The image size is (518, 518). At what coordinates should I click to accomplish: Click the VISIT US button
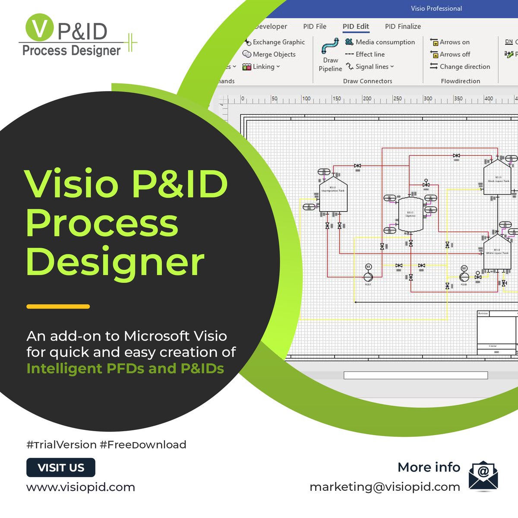point(61,467)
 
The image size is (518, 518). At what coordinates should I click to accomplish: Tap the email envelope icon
point(483,476)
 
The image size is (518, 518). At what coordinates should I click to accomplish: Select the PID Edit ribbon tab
point(356,26)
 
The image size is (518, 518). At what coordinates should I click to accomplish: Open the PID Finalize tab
point(403,26)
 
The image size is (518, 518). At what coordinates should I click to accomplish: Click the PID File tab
point(315,26)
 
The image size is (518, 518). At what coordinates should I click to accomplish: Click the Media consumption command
point(380,42)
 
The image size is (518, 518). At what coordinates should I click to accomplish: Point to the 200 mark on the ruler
point(366,99)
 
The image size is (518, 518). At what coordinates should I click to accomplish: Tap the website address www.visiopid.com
point(81,487)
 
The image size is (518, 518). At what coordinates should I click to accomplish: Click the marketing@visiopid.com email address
point(385,487)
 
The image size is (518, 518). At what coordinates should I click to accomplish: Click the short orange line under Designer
point(58,306)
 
